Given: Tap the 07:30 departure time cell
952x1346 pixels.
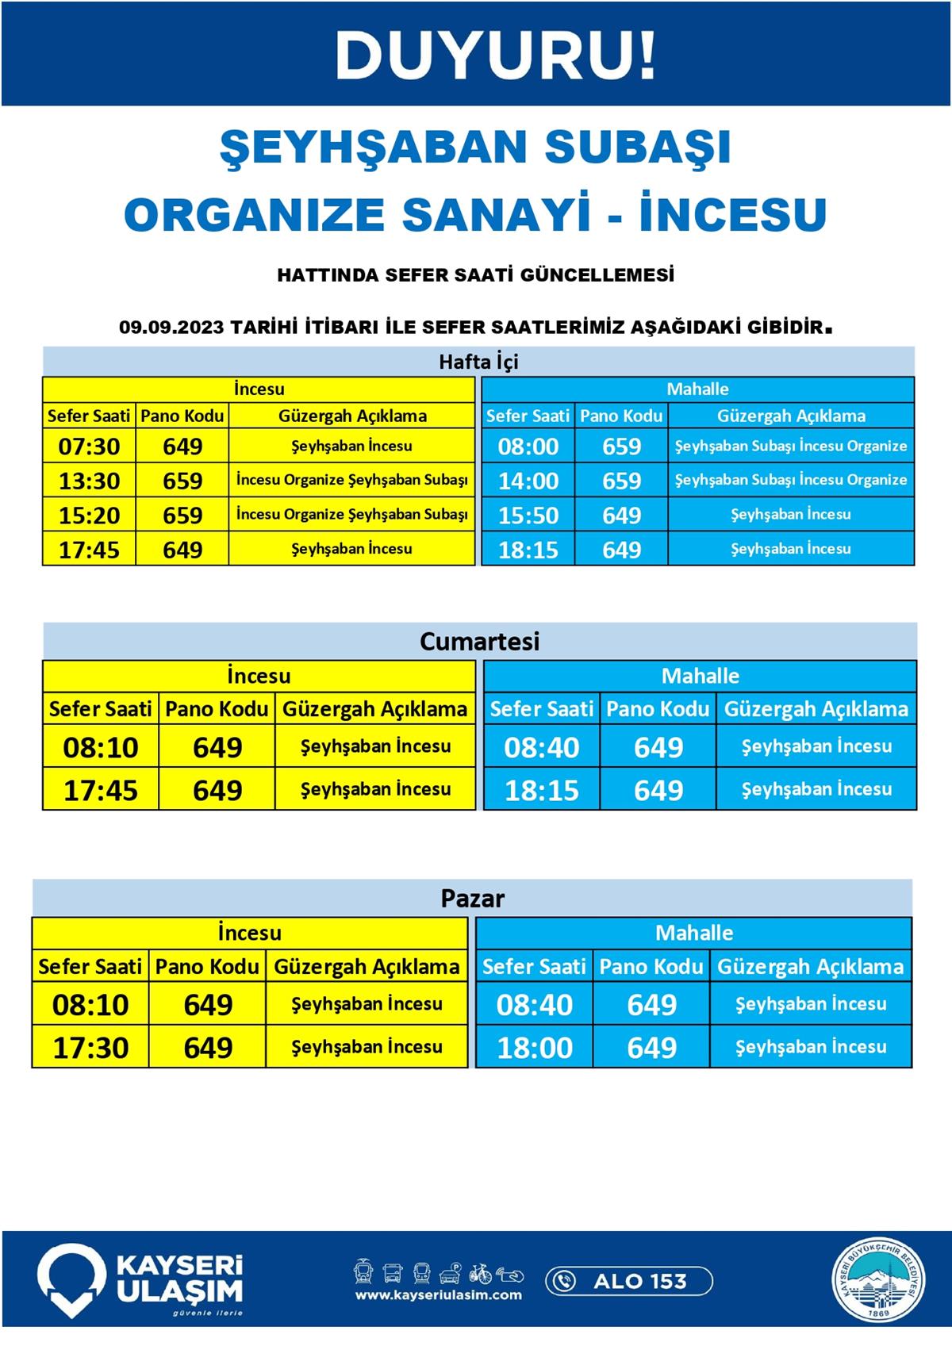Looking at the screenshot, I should pyautogui.click(x=89, y=447).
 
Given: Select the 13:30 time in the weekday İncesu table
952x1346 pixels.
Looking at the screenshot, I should pyautogui.click(x=89, y=481).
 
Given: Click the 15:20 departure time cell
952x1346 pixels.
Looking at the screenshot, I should pyautogui.click(x=89, y=516).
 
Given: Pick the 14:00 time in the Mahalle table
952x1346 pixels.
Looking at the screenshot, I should pyautogui.click(x=528, y=481).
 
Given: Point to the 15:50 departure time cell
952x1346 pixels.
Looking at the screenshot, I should pyautogui.click(x=528, y=516).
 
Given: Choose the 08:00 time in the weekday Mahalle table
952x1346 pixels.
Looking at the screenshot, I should pyautogui.click(x=528, y=447).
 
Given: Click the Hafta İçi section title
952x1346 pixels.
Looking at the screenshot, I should pyautogui.click(x=478, y=362).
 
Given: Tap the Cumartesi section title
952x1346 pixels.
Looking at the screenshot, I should pyautogui.click(x=479, y=641).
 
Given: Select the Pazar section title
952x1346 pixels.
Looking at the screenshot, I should pyautogui.click(x=473, y=899).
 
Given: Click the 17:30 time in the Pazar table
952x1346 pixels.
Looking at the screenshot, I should pyautogui.click(x=90, y=1047).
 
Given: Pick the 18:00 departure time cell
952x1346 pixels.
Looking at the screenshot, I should pyautogui.click(x=535, y=1047).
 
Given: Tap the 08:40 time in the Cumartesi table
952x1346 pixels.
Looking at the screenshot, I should pyautogui.click(x=542, y=747).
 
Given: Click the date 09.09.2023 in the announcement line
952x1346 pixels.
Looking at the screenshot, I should pyautogui.click(x=171, y=327).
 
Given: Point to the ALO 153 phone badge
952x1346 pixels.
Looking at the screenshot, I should pyautogui.click(x=628, y=1280).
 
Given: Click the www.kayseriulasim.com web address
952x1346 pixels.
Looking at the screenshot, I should pyautogui.click(x=438, y=1295).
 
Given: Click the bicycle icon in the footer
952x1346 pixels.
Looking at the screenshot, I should pyautogui.click(x=480, y=1274).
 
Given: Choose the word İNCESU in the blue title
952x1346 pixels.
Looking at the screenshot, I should pyautogui.click(x=733, y=214).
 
